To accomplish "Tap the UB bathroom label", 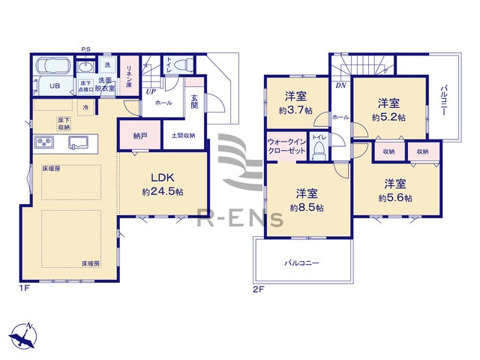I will click(x=54, y=85).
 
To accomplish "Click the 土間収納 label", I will click(x=183, y=136).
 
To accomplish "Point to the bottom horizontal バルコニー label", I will click(x=301, y=263).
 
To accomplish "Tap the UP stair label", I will click(x=150, y=91).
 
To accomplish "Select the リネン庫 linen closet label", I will click(x=129, y=74).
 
